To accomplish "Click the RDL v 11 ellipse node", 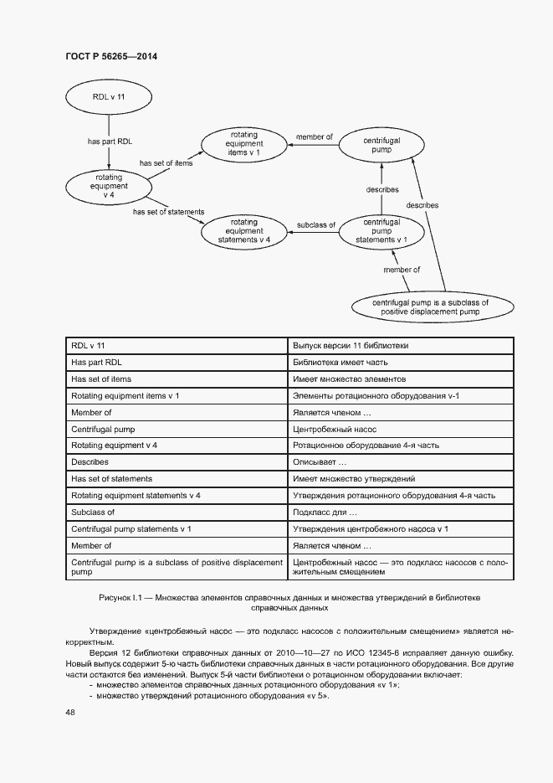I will (x=109, y=98).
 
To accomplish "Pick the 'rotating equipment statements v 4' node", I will (x=243, y=230).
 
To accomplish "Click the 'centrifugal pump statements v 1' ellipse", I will (x=381, y=230).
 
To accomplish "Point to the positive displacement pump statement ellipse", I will (x=430, y=307).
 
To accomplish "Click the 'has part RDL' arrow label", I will (x=110, y=142).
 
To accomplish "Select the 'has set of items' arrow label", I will (x=166, y=163).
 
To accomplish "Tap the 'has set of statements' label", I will (x=168, y=212).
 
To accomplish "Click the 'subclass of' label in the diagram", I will (x=316, y=225).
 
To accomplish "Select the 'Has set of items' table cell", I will (x=101, y=379).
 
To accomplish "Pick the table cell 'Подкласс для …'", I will (x=325, y=512).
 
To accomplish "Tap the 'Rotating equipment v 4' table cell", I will (x=115, y=445).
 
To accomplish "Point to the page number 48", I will (x=69, y=712).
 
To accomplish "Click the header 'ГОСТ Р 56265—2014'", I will (x=111, y=56).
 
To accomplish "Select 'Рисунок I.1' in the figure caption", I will (x=121, y=597).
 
